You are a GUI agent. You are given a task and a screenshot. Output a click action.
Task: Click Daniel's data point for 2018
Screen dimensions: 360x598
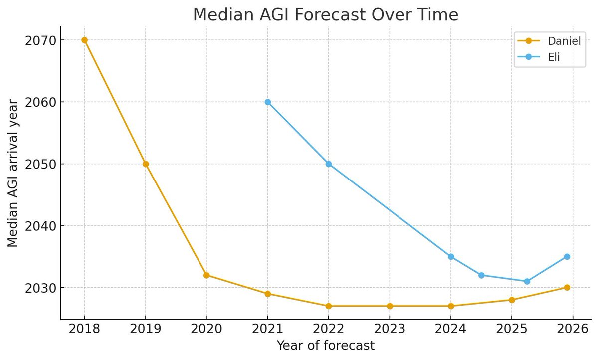tap(84, 40)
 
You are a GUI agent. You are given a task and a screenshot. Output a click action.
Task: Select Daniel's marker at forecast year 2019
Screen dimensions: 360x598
tap(146, 164)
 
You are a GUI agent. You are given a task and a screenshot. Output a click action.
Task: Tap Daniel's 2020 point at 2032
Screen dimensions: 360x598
tap(206, 275)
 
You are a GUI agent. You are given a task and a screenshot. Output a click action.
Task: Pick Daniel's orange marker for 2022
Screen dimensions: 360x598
tap(329, 306)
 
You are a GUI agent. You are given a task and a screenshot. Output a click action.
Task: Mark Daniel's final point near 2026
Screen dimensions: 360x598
tap(567, 288)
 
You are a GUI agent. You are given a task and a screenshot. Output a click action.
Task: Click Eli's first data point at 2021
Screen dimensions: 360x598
tap(268, 102)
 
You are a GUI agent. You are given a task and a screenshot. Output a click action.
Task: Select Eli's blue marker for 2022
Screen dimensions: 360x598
tap(329, 164)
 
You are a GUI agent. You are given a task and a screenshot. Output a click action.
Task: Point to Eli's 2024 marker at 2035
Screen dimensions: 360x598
tap(451, 257)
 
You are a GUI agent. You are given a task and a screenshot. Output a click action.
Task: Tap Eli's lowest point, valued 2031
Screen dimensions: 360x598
tap(527, 281)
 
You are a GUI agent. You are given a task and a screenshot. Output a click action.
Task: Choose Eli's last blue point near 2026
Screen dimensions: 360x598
tap(567, 257)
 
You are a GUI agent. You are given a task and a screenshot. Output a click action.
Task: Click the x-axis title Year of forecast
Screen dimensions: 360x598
tap(326, 345)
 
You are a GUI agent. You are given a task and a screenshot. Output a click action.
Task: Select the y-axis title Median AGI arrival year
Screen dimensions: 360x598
tap(13, 173)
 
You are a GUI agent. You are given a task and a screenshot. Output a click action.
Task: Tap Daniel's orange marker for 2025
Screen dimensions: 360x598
tap(512, 300)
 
